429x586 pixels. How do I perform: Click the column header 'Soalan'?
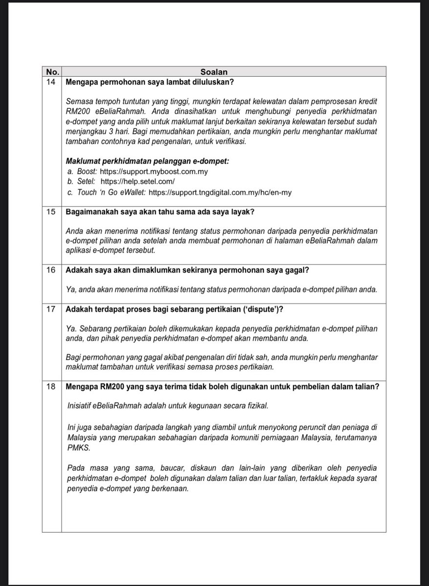pyautogui.click(x=223, y=71)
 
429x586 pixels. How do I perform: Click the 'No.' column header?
pyautogui.click(x=51, y=71)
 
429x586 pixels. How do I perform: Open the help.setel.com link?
pyautogui.click(x=141, y=182)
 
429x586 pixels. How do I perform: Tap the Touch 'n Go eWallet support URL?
pyautogui.click(x=220, y=192)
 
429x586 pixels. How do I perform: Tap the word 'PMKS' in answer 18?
pyautogui.click(x=77, y=448)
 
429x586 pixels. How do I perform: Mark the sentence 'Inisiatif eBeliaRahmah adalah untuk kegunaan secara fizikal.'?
pyautogui.click(x=166, y=406)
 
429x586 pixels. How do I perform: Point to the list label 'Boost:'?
pyautogui.click(x=88, y=172)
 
